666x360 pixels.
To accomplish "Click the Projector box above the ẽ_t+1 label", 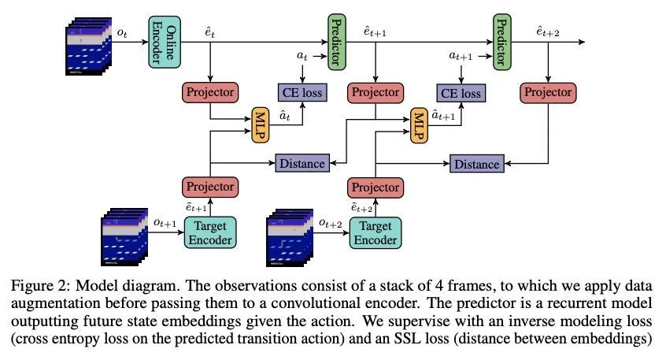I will coord(209,187).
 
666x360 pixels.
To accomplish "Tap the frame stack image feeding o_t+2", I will coord(294,236).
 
